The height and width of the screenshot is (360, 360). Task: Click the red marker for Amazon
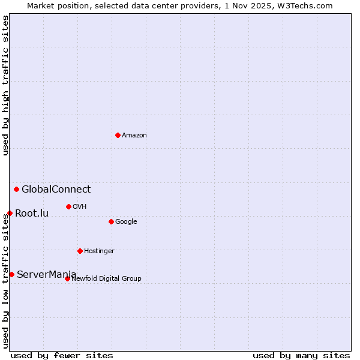pyautogui.click(x=118, y=135)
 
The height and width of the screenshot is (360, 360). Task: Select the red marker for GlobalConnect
pyautogui.click(x=16, y=190)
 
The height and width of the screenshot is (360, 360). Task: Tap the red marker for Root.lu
pyautogui.click(x=10, y=213)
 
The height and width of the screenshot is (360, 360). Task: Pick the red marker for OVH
pyautogui.click(x=68, y=206)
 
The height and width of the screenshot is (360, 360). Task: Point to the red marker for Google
pyautogui.click(x=111, y=221)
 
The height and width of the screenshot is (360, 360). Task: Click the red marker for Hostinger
pyautogui.click(x=80, y=251)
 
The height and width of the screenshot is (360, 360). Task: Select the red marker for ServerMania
pyautogui.click(x=11, y=274)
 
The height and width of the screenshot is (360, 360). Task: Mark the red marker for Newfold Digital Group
pyautogui.click(x=67, y=278)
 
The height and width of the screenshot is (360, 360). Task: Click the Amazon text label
pyautogui.click(x=134, y=136)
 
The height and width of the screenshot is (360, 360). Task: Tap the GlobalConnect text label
pyautogui.click(x=56, y=190)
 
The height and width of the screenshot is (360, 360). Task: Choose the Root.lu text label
pyautogui.click(x=32, y=213)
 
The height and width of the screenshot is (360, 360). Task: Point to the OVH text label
pyautogui.click(x=80, y=207)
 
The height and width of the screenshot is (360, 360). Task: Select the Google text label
pyautogui.click(x=126, y=222)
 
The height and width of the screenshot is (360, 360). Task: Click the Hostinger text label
pyautogui.click(x=99, y=251)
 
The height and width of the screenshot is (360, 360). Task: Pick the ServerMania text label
pyautogui.click(x=47, y=275)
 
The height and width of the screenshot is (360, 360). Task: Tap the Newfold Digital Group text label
pyautogui.click(x=106, y=278)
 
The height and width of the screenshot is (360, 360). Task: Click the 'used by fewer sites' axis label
pyautogui.click(x=62, y=356)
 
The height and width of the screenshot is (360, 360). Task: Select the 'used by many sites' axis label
pyautogui.click(x=301, y=356)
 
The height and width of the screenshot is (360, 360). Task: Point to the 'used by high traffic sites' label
pyautogui.click(x=5, y=86)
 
